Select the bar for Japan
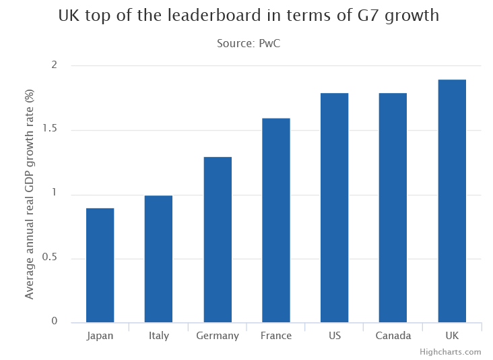coord(100,265)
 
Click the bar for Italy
coord(158,259)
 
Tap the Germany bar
coord(218,239)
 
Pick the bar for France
coord(275,220)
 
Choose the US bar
coord(334,208)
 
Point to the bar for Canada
coord(393,208)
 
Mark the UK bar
coord(451,201)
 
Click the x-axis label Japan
coord(100,336)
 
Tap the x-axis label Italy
coord(158,336)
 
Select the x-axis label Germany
coord(218,336)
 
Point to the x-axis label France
coord(275,336)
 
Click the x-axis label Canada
coord(393,336)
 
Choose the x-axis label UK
coord(451,336)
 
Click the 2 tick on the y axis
coord(54,65)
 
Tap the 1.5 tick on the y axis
coord(50,129)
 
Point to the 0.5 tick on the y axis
coord(50,258)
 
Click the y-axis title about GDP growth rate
coord(29,195)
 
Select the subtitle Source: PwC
coord(248,43)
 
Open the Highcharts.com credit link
coord(450,352)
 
